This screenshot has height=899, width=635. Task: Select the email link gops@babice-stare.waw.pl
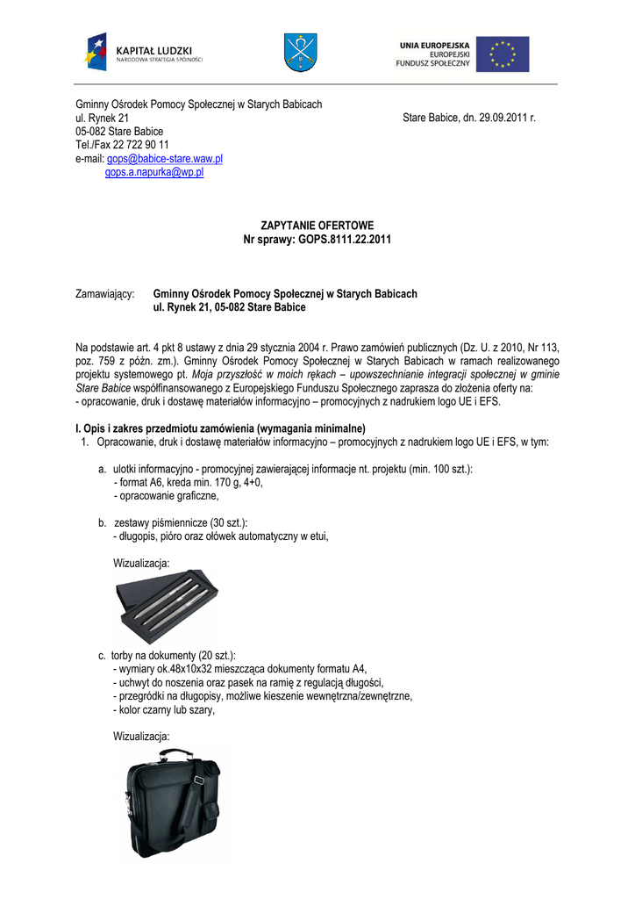pyautogui.click(x=164, y=159)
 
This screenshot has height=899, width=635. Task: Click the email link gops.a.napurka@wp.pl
pyautogui.click(x=154, y=173)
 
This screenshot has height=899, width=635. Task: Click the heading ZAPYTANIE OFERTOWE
pyautogui.click(x=317, y=226)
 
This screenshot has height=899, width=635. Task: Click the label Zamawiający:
pyautogui.click(x=104, y=294)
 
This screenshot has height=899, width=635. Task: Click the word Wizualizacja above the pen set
pyautogui.click(x=142, y=562)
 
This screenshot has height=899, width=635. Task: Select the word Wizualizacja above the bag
pyautogui.click(x=142, y=736)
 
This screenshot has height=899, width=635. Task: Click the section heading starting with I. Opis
pyautogui.click(x=220, y=428)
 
